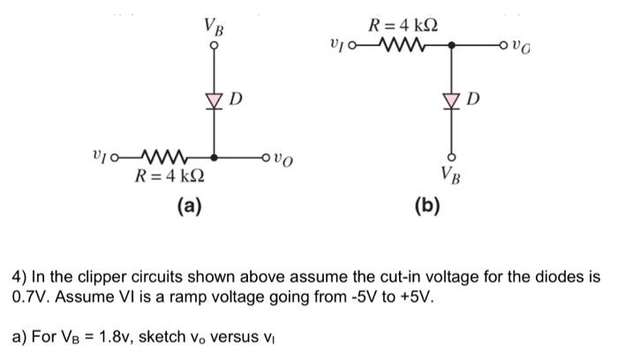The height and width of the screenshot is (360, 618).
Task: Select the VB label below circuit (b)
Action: [452, 169]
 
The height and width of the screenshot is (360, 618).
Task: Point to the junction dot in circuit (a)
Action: [213, 160]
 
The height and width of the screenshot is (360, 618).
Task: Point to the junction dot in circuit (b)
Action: [452, 43]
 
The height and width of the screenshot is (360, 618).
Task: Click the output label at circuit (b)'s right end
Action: [525, 44]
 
